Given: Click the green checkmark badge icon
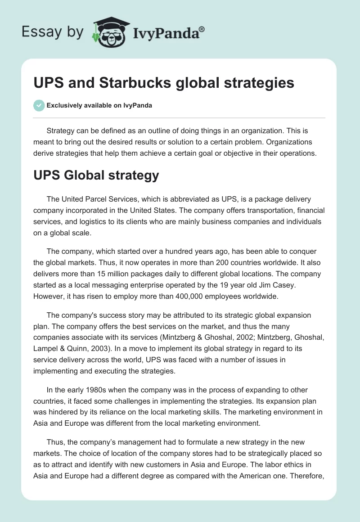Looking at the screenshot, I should [39, 105].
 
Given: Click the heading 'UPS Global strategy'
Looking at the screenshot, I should [96, 175].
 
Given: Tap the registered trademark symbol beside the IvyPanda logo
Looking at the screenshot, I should [202, 29].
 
